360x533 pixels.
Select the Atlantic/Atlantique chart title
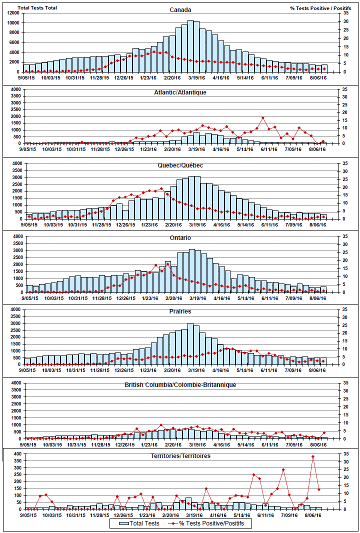180,92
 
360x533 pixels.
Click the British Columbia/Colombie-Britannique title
180,384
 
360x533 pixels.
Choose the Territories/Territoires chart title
180,456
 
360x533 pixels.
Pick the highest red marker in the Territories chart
313,456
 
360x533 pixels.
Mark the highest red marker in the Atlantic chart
262,118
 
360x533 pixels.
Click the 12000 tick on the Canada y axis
13,13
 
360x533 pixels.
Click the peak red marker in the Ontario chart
168,263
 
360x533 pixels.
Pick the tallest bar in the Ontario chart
191,271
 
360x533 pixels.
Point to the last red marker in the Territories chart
319,489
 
